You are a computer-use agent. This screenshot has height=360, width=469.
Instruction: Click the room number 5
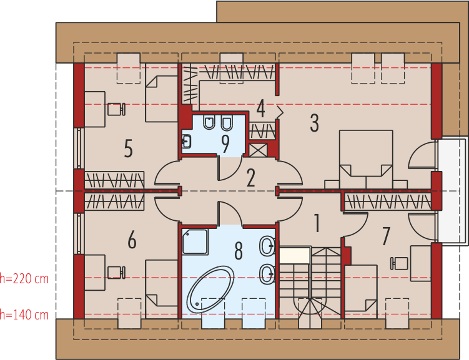pyautogui.click(x=128, y=148)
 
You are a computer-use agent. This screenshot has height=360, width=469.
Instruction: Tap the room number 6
pyautogui.click(x=132, y=240)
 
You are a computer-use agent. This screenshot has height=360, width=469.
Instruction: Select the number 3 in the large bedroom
pyautogui.click(x=314, y=123)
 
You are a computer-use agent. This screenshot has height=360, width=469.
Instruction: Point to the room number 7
pyautogui.click(x=386, y=236)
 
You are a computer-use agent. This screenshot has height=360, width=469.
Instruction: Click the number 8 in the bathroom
pyautogui.click(x=239, y=251)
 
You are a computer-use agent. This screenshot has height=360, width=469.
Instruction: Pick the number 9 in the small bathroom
pyautogui.click(x=225, y=144)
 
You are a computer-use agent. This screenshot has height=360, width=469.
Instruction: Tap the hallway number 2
pyautogui.click(x=250, y=178)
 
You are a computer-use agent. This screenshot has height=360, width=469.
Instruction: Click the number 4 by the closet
pyautogui.click(x=260, y=109)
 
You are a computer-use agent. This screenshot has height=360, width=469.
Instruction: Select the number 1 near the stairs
pyautogui.click(x=317, y=223)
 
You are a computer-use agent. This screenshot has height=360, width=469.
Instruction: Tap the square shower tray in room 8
pyautogui.click(x=195, y=241)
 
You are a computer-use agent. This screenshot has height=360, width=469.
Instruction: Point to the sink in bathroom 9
pyautogui.click(x=186, y=141)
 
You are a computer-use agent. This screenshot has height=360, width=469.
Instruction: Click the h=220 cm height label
pyautogui.click(x=24, y=279)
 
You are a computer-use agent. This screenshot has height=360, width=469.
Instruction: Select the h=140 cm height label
pyautogui.click(x=24, y=315)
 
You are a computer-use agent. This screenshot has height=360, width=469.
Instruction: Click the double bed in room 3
pyautogui.click(x=366, y=159)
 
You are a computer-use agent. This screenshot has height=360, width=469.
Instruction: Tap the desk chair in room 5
pyautogui.click(x=116, y=109)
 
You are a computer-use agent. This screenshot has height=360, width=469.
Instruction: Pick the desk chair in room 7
pyautogui.click(x=399, y=263)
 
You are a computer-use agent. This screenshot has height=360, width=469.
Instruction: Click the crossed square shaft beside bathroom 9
pyautogui.click(x=258, y=150)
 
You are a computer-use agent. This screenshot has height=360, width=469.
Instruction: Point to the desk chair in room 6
pyautogui.click(x=116, y=273)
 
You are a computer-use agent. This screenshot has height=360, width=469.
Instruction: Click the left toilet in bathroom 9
pyautogui.click(x=209, y=122)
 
